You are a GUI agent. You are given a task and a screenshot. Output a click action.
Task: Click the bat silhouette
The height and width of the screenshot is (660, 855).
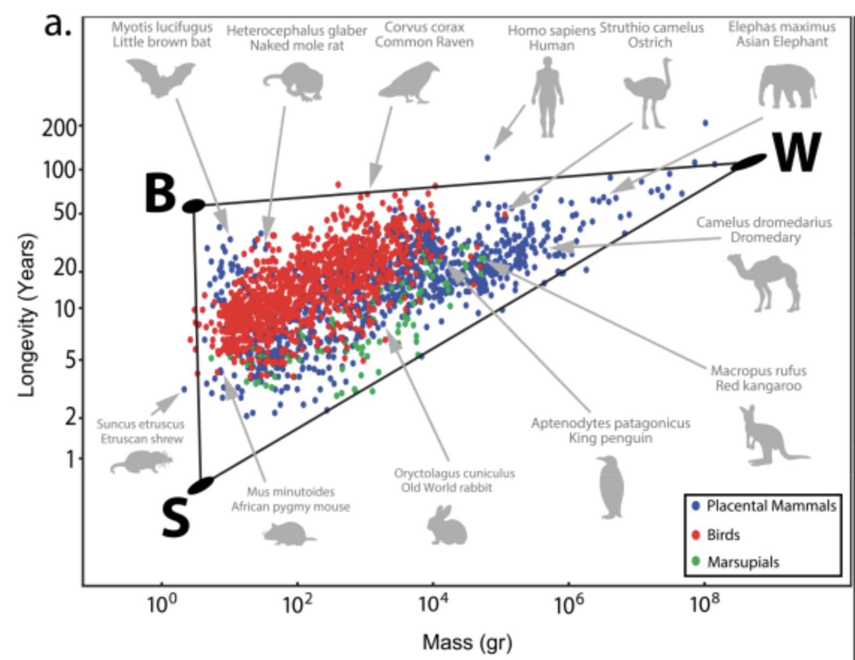point(160,79)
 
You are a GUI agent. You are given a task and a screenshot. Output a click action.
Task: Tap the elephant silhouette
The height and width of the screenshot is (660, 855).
point(787,86)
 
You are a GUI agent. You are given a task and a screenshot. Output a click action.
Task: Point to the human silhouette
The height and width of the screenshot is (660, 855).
point(548,97)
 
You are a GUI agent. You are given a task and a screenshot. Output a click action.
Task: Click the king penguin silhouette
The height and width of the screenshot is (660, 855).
point(611,488)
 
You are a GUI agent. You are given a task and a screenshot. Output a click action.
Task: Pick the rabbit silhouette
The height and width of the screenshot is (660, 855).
point(447,526)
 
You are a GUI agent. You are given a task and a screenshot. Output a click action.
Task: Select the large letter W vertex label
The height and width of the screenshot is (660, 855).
point(796,152)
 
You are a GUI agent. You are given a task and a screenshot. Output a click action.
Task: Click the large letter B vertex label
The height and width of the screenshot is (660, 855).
point(160,193)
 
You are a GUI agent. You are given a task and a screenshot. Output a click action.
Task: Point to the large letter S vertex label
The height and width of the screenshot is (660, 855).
point(176,518)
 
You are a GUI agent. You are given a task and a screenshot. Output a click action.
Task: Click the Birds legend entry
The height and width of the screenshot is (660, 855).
point(723,535)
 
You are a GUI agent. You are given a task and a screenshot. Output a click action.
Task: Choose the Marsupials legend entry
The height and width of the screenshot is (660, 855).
point(742,562)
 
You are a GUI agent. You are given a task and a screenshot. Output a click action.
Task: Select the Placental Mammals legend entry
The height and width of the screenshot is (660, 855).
point(770,506)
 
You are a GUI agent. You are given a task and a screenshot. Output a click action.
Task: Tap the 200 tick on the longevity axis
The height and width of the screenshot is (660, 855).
point(59,128)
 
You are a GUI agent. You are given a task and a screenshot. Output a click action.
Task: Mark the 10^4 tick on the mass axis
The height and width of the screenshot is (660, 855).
point(433,605)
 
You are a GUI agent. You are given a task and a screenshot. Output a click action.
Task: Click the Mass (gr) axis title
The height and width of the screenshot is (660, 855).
point(467,642)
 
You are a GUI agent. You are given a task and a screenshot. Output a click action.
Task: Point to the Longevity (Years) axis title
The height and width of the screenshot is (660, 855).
point(27,315)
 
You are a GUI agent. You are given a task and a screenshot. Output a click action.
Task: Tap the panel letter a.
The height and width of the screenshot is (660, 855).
point(58,25)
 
